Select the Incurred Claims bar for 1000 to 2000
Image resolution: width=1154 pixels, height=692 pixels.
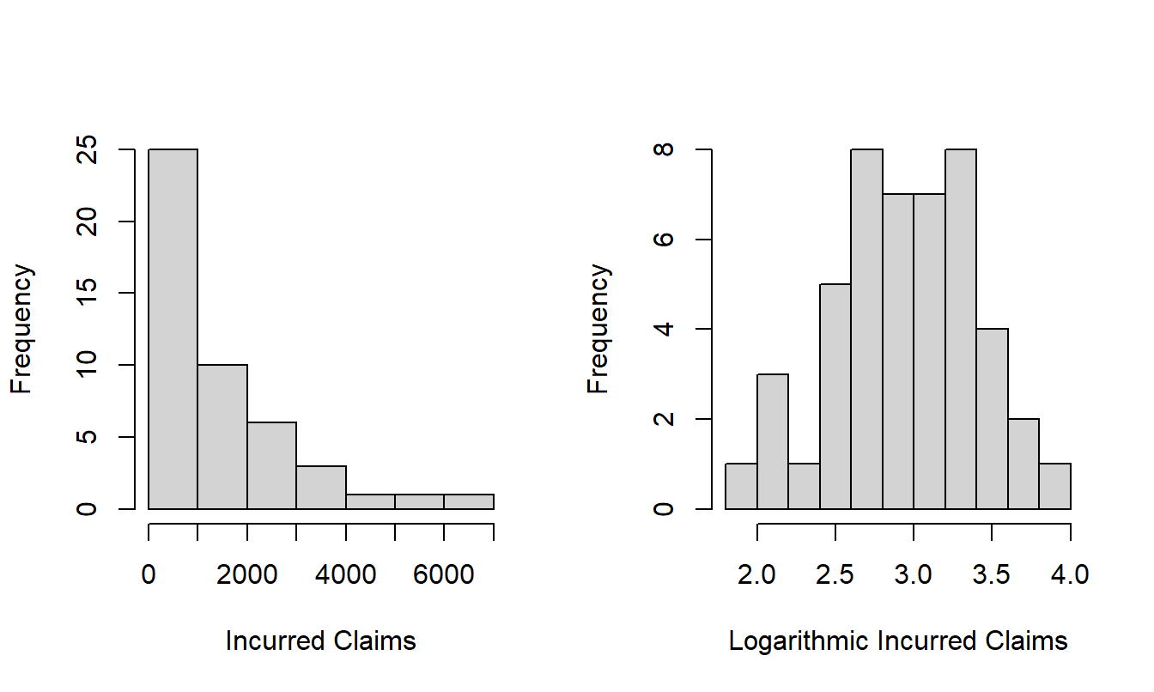click(x=222, y=437)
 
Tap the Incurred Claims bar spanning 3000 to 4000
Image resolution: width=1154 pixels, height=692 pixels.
click(x=321, y=487)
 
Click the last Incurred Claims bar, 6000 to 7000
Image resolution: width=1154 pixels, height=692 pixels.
click(x=469, y=501)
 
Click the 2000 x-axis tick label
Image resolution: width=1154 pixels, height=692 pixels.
click(x=247, y=574)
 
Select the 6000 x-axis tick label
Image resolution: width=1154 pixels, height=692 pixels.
click(x=444, y=574)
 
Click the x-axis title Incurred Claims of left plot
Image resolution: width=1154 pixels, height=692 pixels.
click(x=320, y=640)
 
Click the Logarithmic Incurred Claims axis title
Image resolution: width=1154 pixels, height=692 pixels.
click(x=898, y=640)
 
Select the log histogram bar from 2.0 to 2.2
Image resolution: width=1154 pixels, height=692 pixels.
click(x=773, y=441)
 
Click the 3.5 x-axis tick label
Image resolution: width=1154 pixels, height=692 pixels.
click(x=992, y=574)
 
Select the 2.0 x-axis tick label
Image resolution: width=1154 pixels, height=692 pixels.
click(x=756, y=574)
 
